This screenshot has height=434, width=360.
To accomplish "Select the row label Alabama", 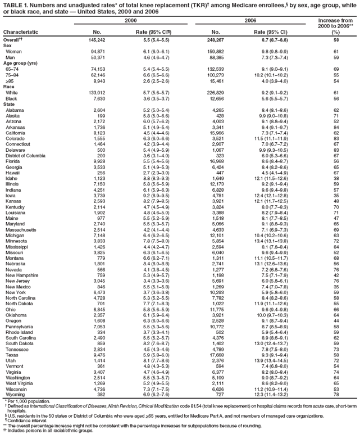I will pyautogui.click(x=16, y=110).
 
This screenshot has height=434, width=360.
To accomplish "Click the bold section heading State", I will pyautogui.click(x=10, y=104).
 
